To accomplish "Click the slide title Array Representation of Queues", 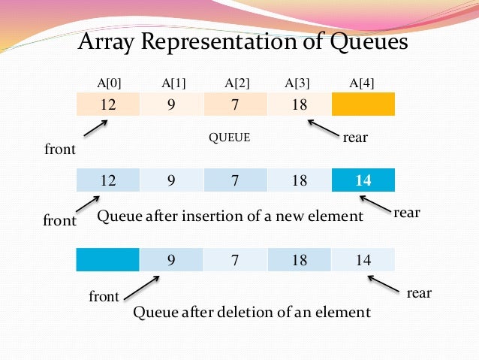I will (x=243, y=41).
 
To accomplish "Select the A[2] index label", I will (x=236, y=83).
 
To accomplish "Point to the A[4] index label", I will (x=363, y=83).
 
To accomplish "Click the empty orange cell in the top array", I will (x=363, y=104).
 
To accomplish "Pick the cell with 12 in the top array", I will (x=108, y=104).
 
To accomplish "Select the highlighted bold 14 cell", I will (x=363, y=180).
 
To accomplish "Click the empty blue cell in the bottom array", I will (x=108, y=260).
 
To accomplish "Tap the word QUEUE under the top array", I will (x=229, y=138).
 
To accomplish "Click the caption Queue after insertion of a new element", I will (x=230, y=216).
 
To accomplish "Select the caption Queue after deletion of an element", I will (x=252, y=311).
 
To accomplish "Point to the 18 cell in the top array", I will (x=300, y=104).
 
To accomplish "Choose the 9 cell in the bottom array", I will (x=172, y=260).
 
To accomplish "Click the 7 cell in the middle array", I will (x=236, y=180).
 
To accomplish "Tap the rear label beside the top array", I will (x=354, y=138).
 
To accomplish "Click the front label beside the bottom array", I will (x=104, y=297).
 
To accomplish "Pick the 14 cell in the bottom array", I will (x=363, y=260).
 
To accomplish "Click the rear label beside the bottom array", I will (x=419, y=292).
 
